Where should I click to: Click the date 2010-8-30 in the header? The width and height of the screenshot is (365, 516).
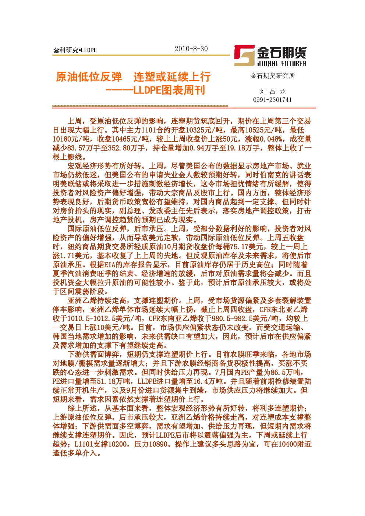coord(191,49)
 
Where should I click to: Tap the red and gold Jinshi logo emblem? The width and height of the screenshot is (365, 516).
coord(244,56)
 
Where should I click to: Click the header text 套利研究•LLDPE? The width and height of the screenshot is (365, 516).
coord(75,50)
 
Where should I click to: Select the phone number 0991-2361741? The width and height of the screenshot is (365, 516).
coord(272,100)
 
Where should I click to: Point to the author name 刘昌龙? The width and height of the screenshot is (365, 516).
coord(273,92)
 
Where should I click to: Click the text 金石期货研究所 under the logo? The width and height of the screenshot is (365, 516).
coord(273,76)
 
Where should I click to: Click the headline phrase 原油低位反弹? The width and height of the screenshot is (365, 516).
coord(89,77)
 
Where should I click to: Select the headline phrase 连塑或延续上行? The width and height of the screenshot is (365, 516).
coord(172,77)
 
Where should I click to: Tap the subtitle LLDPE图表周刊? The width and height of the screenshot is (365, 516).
coord(169,90)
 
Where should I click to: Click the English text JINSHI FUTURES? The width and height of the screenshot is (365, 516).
coord(282,64)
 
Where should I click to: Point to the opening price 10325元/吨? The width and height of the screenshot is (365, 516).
coord(204,130)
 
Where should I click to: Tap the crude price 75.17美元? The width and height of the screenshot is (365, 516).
coord(247,247)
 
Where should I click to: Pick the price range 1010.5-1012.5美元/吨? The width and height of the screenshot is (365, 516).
coord(104,319)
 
